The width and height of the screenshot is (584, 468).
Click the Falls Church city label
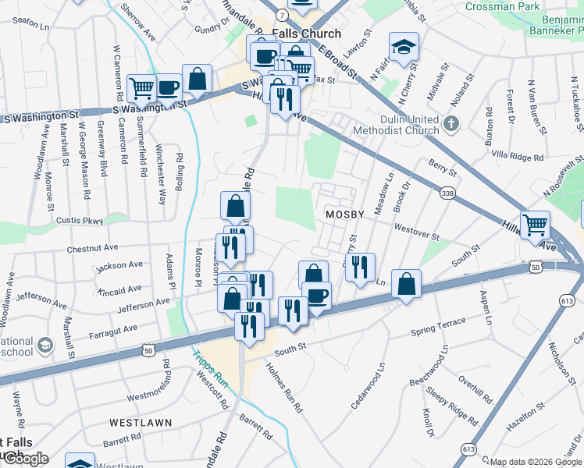(306, 34)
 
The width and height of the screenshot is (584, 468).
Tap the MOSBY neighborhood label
(345, 214)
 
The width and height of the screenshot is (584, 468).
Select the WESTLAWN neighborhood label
(136, 422)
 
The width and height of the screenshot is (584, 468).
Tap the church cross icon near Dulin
(450, 124)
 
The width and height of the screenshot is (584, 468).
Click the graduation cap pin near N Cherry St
(404, 47)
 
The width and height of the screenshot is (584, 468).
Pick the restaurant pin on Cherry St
(360, 267)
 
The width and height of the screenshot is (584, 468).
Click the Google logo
(25, 459)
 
